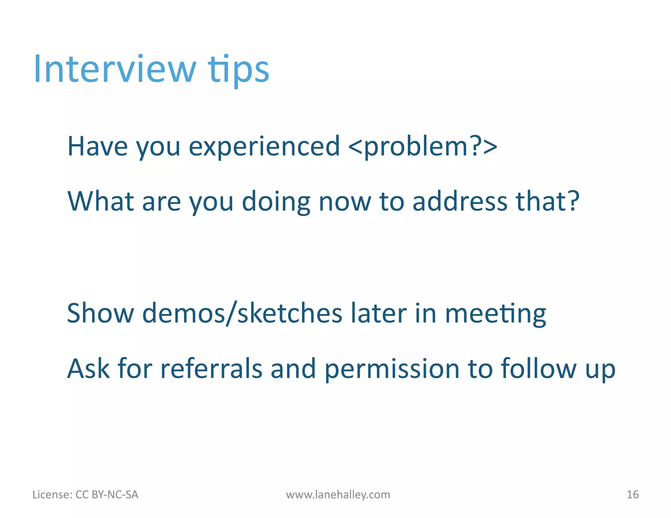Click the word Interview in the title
[x=115, y=69]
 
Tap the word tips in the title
[x=238, y=70]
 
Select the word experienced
[x=264, y=146]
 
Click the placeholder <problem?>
[x=423, y=147]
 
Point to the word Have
[x=97, y=146]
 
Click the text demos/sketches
[x=242, y=313]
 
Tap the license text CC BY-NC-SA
[x=107, y=494]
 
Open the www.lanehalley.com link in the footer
[x=338, y=494]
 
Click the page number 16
[x=632, y=494]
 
